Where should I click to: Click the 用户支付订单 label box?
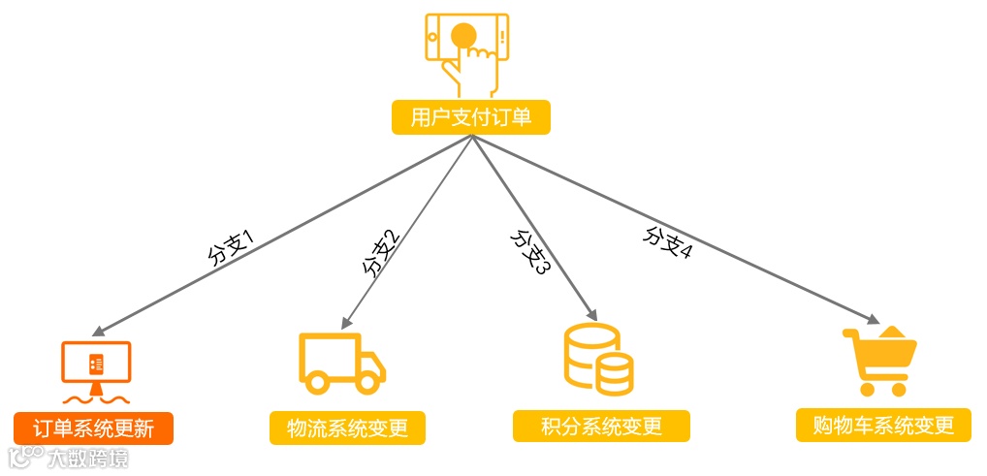471,118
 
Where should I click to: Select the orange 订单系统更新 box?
93,428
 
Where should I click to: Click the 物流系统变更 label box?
347,428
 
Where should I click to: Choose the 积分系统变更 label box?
601,426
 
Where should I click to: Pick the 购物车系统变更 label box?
882,425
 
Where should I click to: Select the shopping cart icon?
878,361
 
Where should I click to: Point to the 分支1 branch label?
229,246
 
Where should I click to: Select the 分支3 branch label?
530,251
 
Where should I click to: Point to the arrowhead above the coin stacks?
591,316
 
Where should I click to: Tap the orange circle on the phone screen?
463,35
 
